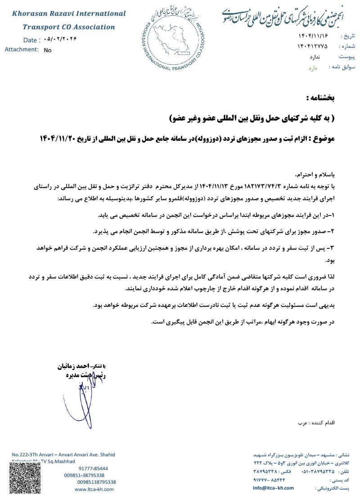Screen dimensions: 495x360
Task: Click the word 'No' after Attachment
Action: click(x=48, y=50)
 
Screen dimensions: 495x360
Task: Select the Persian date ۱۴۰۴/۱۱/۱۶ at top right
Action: click(x=312, y=36)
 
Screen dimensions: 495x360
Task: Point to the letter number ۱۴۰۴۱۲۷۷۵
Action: click(x=312, y=46)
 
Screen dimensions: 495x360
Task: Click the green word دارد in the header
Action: click(x=312, y=68)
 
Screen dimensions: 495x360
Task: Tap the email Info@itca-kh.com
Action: click(x=273, y=488)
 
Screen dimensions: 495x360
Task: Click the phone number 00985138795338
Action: click(x=96, y=482)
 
